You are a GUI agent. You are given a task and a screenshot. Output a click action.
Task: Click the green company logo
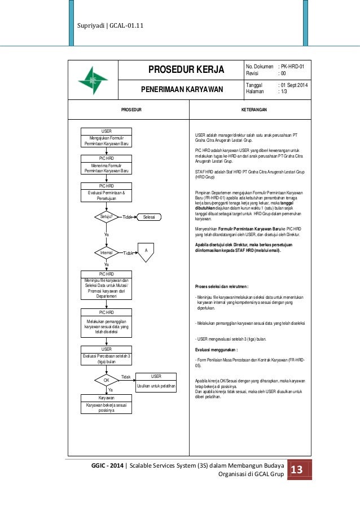pos(93,80)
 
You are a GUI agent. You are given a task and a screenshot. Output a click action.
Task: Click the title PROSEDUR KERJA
pos(186,70)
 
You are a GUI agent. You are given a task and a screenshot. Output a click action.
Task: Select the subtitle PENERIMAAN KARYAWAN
pos(186,89)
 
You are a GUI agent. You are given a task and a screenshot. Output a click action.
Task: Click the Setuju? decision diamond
pos(107,216)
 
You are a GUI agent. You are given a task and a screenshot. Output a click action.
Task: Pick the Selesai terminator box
pos(149,217)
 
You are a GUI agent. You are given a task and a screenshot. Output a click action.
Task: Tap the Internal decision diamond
pos(107,252)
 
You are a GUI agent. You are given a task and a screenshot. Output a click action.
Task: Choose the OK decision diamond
pos(107,381)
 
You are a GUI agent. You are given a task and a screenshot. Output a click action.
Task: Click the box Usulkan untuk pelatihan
pos(156,382)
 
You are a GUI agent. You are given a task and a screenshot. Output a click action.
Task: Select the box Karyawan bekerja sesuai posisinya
pos(107,404)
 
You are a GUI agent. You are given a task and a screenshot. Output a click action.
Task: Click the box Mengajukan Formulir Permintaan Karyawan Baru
pos(107,138)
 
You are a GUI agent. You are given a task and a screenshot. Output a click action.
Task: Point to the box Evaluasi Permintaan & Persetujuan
pos(107,193)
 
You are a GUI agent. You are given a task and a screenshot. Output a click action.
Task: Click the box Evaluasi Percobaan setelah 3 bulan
pos(107,356)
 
